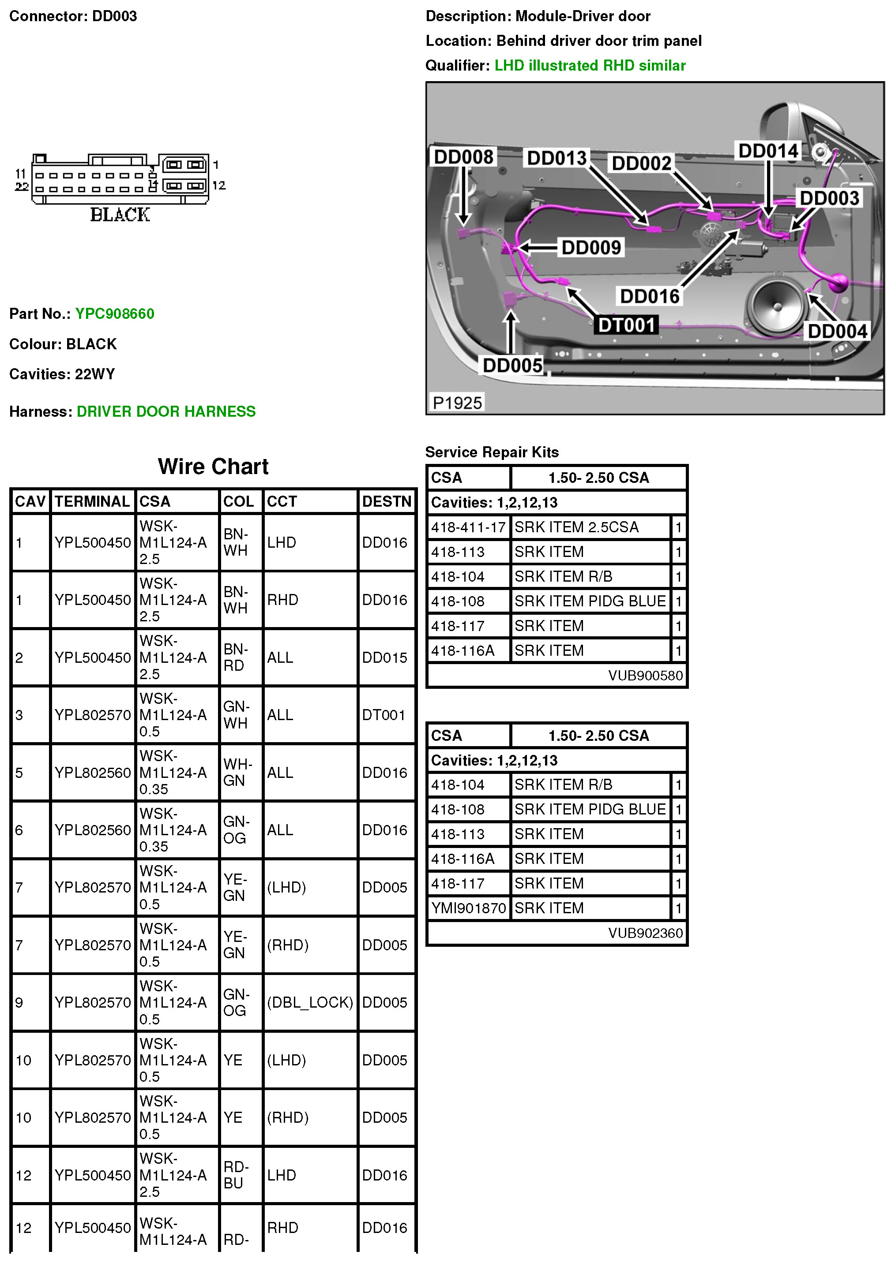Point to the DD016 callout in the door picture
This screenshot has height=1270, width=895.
tap(649, 296)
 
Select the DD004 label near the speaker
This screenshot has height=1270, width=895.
tap(837, 331)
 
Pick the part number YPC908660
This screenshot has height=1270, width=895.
tap(115, 314)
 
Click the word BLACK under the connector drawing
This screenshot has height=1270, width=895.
tap(120, 215)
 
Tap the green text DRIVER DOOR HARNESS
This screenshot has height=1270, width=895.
tap(166, 411)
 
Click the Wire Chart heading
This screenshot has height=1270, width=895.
tap(213, 466)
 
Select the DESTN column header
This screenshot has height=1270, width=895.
tap(386, 501)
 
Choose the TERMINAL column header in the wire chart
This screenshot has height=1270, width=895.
tap(92, 501)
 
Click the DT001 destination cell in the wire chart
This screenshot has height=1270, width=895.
tap(384, 715)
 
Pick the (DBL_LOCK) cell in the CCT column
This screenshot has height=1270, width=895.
tap(310, 1002)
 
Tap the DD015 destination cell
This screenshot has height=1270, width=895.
tap(384, 657)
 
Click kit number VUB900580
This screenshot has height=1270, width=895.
tap(645, 676)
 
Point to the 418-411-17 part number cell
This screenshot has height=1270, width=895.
tap(468, 527)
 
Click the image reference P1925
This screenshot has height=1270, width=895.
tap(457, 403)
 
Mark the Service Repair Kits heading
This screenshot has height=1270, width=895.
tap(492, 452)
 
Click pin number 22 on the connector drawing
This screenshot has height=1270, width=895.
tap(22, 187)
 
